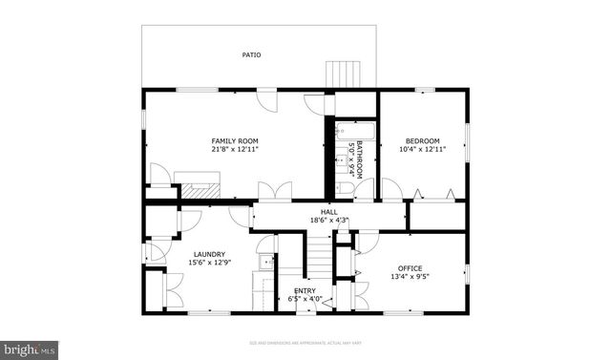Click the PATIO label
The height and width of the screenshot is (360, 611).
pos(252,55)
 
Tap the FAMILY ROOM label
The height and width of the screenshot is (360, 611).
pos(235,141)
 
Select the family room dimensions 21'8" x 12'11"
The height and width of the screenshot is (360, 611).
pos(235,150)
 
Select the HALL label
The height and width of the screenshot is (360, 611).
pos(328,212)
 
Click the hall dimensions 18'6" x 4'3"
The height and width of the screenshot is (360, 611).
pos(328,221)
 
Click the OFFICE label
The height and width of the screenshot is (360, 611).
pos(410,267)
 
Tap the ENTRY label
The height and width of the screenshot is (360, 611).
pos(305,290)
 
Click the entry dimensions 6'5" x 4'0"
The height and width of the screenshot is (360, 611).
pos(305,299)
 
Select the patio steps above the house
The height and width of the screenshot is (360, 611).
pos(341,74)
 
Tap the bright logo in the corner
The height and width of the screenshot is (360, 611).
pos(30,349)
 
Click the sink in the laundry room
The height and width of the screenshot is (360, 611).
pos(266,260)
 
